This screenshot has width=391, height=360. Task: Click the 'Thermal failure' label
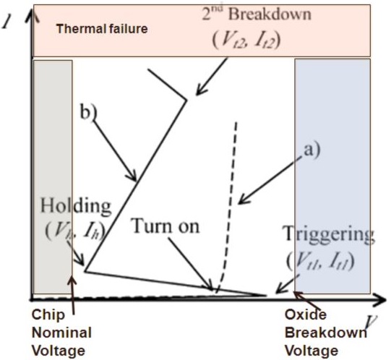coord(102,29)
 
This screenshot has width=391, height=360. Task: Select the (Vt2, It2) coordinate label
coord(246,40)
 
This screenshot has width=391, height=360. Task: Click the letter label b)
coord(88,111)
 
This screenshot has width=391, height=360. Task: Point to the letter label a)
coord(311,150)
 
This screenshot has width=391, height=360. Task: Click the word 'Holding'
coord(76,206)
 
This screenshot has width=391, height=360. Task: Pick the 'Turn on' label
coord(166,226)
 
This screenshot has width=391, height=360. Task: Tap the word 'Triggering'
coord(329,233)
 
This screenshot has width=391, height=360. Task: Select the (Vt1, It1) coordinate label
coord(320,261)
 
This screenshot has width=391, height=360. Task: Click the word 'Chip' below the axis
coord(48,315)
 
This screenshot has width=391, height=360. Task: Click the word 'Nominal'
coord(61,333)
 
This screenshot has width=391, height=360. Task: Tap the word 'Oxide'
coord(306,314)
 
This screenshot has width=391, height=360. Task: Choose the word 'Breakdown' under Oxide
coord(326,333)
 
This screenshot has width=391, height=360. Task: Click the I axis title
coord(7,23)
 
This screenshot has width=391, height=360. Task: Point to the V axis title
coord(371,322)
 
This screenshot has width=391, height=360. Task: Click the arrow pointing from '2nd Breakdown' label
coord(212,77)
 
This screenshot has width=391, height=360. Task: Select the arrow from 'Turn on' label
coord(191,263)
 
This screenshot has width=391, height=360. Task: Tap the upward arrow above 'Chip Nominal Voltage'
coord(72,295)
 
